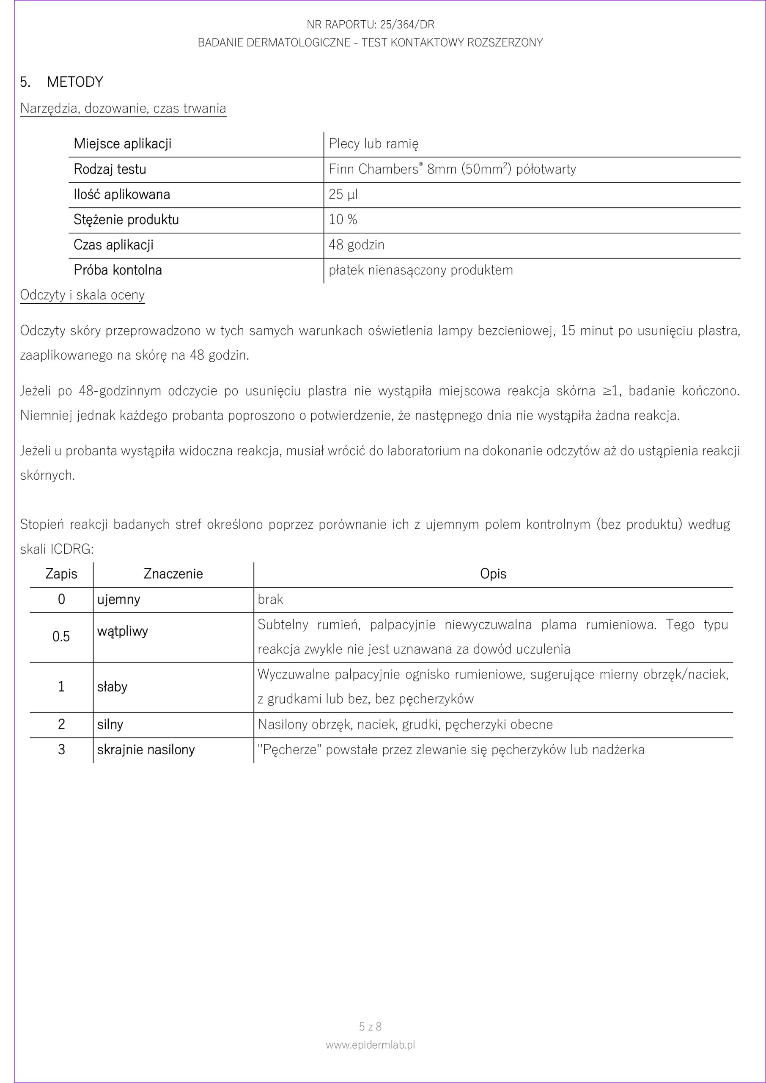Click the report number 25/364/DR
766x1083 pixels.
(x=407, y=25)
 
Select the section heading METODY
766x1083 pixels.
(x=74, y=82)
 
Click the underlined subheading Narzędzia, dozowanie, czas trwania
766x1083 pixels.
(x=123, y=108)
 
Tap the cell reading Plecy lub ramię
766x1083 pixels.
(x=373, y=144)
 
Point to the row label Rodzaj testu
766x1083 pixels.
(x=110, y=169)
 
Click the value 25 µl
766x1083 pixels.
(x=343, y=194)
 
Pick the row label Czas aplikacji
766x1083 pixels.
(x=114, y=245)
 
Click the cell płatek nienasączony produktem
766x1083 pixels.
(x=420, y=270)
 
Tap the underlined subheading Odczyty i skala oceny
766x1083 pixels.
(x=82, y=295)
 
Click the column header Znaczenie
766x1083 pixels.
(x=173, y=574)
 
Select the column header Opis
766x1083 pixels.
(x=493, y=574)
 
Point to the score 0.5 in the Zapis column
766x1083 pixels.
(x=61, y=637)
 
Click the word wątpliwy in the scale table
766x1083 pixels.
(x=123, y=632)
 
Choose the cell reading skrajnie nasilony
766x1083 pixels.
(x=146, y=750)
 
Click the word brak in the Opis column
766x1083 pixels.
(x=270, y=599)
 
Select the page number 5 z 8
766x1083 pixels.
(x=370, y=1026)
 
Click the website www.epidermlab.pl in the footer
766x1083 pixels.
(x=370, y=1045)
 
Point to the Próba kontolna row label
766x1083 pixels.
(x=118, y=270)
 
